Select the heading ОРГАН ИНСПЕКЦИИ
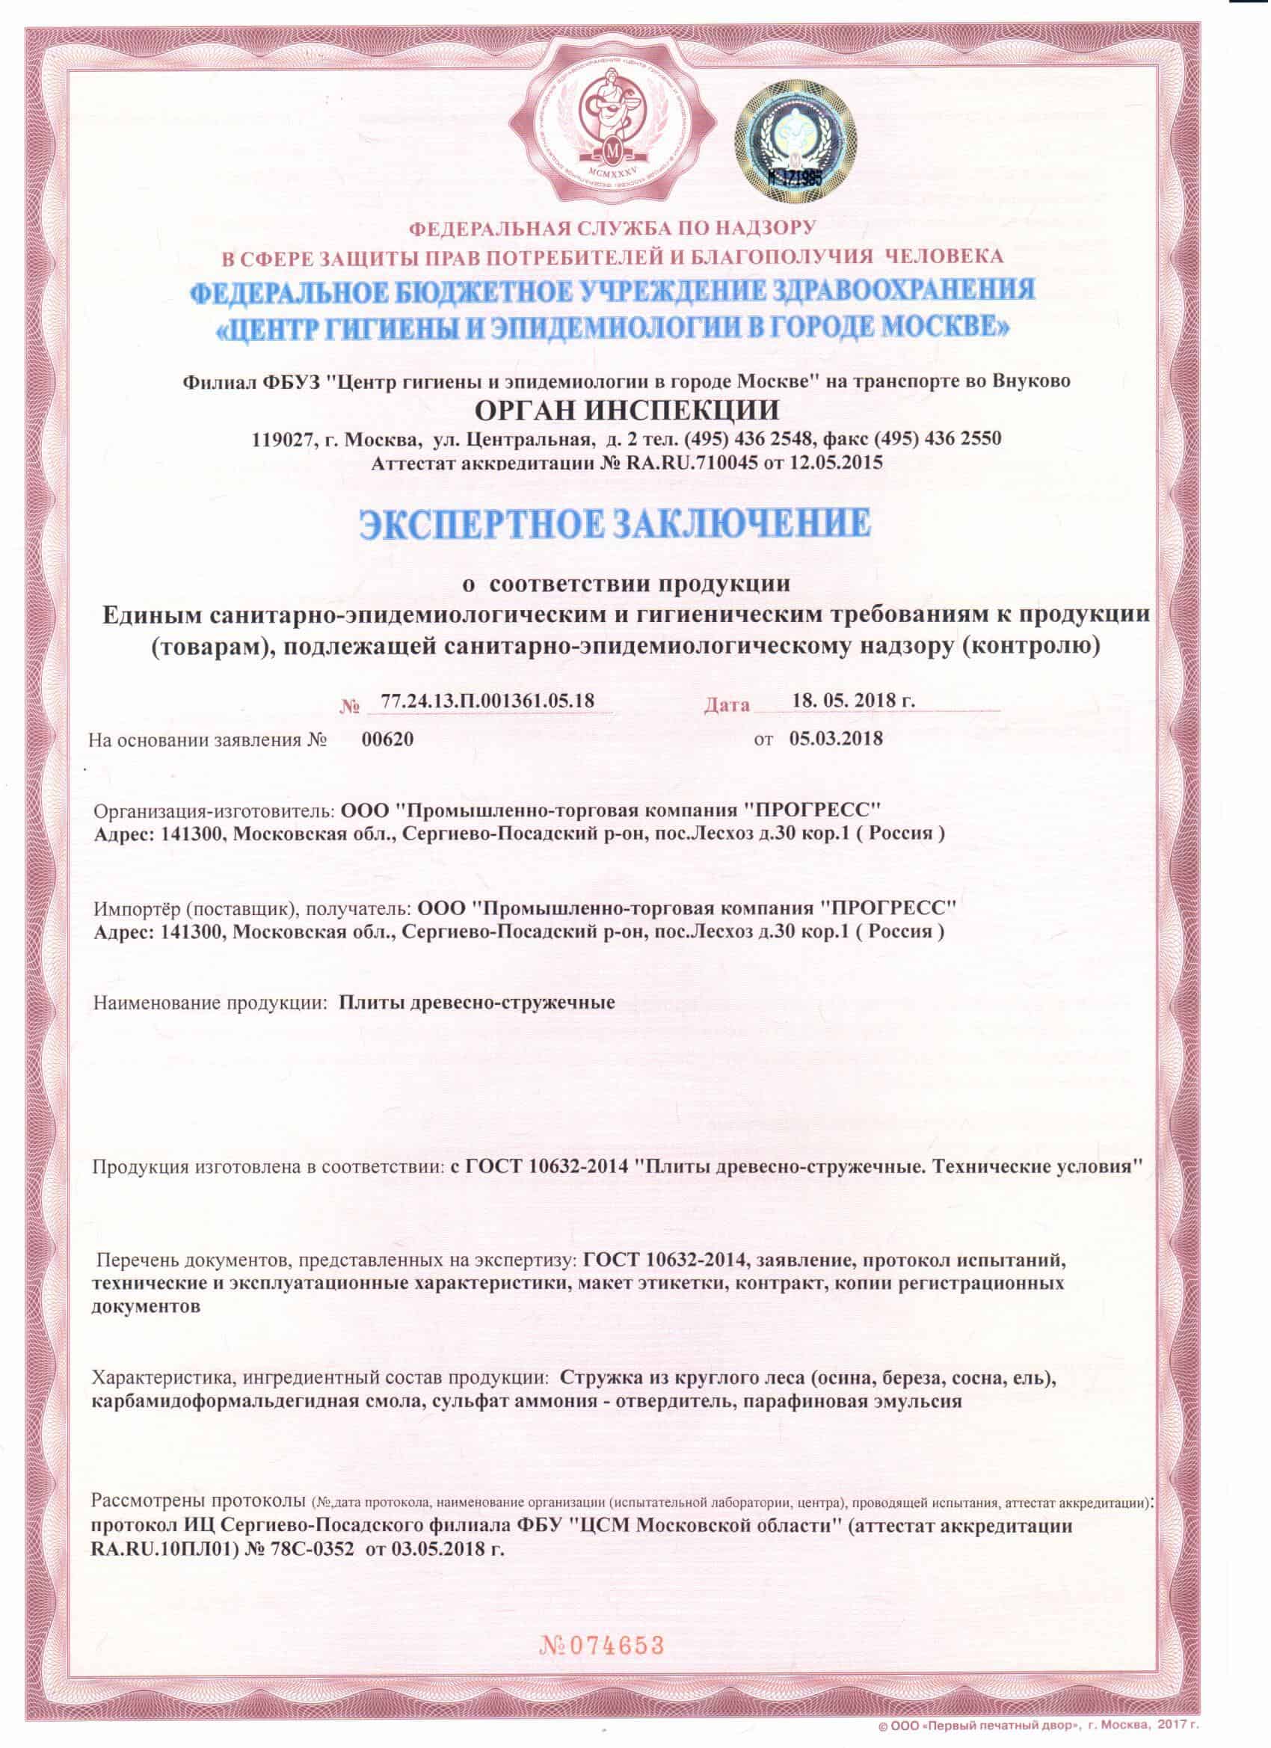[627, 409]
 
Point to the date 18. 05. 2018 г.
[853, 701]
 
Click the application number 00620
[388, 739]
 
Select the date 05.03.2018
[837, 739]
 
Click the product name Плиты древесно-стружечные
[477, 1003]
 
